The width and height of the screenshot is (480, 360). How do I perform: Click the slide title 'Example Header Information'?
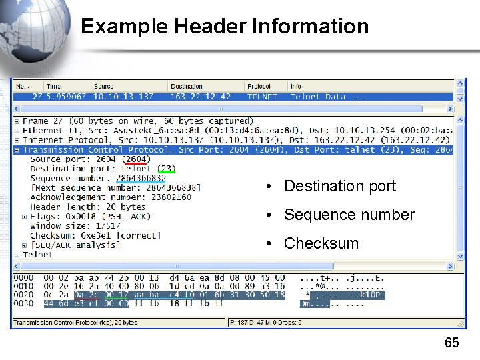click(224, 26)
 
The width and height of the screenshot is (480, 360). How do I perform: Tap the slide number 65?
click(451, 343)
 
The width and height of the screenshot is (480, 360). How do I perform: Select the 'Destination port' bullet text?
click(339, 186)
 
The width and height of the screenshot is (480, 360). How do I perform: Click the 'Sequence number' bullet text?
click(349, 215)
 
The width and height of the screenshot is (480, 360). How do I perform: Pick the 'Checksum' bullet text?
click(321, 243)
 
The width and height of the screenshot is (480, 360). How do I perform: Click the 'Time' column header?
click(53, 86)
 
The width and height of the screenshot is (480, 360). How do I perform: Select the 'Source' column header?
click(103, 86)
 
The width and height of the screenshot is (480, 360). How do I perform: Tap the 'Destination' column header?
click(187, 86)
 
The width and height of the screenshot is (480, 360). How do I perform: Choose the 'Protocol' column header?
click(259, 86)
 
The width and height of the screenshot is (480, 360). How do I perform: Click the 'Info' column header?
click(296, 86)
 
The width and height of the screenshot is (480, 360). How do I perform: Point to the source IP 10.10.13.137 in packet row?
click(123, 97)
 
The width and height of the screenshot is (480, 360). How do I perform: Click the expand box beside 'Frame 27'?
click(17, 121)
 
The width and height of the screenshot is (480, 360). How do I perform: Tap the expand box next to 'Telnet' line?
click(17, 255)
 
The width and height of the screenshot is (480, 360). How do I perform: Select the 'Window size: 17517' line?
click(66, 226)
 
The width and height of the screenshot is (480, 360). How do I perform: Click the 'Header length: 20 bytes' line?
click(88, 207)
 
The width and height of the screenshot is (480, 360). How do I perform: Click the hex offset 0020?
click(23, 295)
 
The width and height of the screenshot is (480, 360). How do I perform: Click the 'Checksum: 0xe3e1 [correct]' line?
click(95, 235)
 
